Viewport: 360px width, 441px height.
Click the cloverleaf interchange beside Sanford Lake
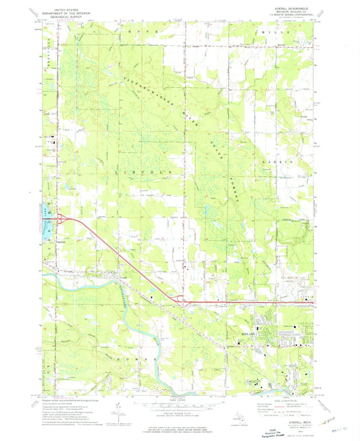click(61, 217)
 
